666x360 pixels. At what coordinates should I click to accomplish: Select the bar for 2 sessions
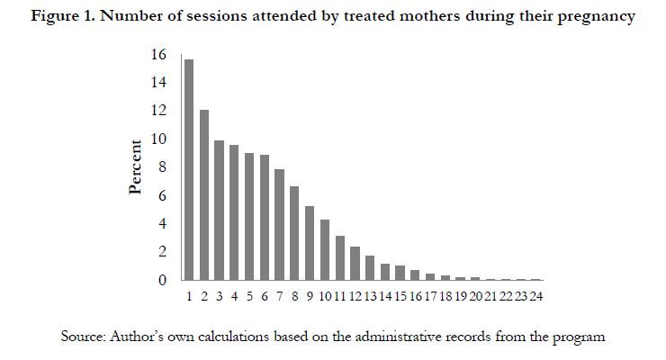point(204,194)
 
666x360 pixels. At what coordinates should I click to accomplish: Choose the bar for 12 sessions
point(355,263)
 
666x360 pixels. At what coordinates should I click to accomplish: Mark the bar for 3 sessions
point(219,210)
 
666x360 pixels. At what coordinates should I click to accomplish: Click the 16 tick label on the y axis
point(159,55)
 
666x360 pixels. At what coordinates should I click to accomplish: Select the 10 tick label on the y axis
point(159,139)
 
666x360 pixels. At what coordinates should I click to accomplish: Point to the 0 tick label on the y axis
point(163,281)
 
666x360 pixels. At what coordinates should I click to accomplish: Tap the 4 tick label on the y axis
point(163,224)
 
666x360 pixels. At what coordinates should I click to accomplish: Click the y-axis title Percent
point(136,167)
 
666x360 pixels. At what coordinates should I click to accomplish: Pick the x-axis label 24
point(535,296)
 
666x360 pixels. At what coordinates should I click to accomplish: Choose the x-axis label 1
point(189,296)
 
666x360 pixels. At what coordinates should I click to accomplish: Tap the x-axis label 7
point(279,296)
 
